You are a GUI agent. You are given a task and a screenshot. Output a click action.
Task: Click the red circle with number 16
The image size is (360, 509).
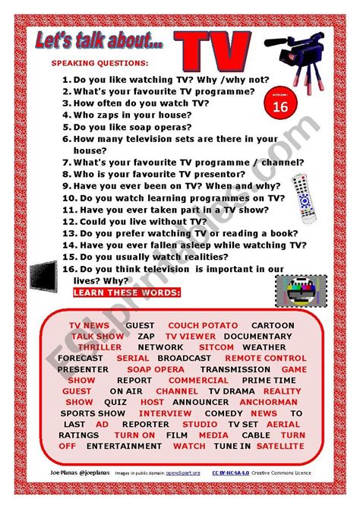click(x=278, y=107)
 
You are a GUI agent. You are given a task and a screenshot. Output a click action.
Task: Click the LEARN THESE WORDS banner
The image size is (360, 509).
click(x=127, y=292)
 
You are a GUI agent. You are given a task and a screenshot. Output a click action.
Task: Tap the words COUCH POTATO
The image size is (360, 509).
click(x=203, y=325)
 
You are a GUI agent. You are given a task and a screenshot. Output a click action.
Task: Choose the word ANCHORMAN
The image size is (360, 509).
click(x=270, y=402)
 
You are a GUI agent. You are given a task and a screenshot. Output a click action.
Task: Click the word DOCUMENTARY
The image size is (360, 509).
click(x=258, y=336)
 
